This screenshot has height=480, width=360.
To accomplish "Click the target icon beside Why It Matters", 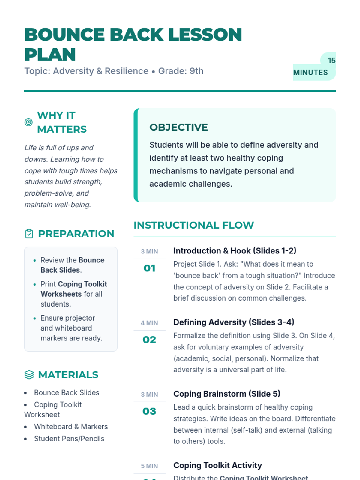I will pyautogui.click(x=28, y=122).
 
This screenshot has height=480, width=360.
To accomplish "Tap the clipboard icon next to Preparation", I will pyautogui.click(x=29, y=234).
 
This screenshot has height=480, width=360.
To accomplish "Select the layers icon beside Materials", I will pyautogui.click(x=29, y=375).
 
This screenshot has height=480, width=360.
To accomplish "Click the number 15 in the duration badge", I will pyautogui.click(x=331, y=61).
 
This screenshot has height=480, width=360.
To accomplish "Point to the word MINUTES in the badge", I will pyautogui.click(x=310, y=73).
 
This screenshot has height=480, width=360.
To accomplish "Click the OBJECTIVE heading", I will pyautogui.click(x=178, y=127).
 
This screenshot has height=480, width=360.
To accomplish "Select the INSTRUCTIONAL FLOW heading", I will pyautogui.click(x=194, y=225).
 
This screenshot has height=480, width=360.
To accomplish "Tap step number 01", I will pyautogui.click(x=149, y=268).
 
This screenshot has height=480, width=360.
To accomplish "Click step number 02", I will pyautogui.click(x=149, y=340).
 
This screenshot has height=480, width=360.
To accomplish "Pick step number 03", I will pyautogui.click(x=149, y=411).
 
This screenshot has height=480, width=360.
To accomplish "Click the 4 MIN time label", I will pyautogui.click(x=149, y=323).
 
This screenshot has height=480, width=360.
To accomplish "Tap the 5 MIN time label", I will pyautogui.click(x=149, y=466).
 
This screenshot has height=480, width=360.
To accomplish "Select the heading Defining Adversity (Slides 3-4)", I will pyautogui.click(x=234, y=322).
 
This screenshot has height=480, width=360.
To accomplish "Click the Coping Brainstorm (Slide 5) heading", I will pyautogui.click(x=227, y=394).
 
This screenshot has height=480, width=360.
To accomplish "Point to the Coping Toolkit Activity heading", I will pyautogui.click(x=217, y=465).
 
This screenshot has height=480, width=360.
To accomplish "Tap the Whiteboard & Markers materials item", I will pyautogui.click(x=71, y=427).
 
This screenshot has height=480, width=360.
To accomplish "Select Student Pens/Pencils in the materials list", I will pyautogui.click(x=69, y=439).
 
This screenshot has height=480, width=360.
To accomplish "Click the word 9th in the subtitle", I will pyautogui.click(x=196, y=71).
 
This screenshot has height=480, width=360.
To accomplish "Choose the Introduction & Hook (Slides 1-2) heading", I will pyautogui.click(x=235, y=251).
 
